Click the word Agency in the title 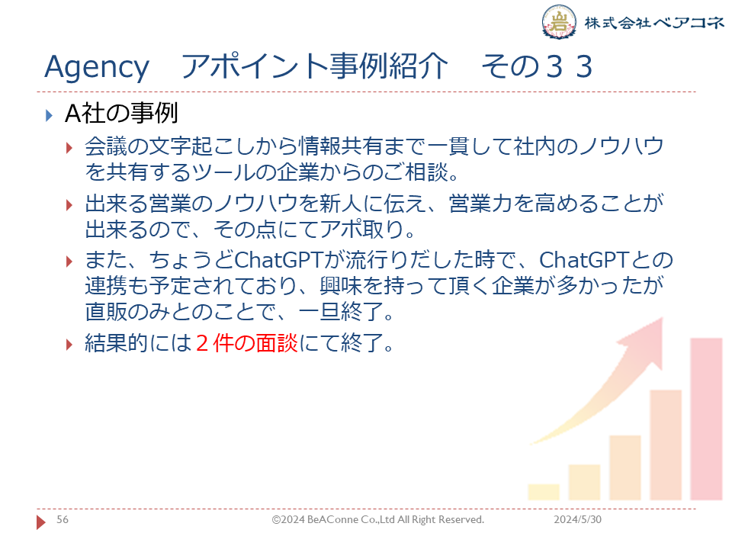click(x=97, y=68)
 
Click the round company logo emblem click(x=559, y=21)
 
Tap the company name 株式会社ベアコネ click(x=654, y=22)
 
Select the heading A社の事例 click(x=121, y=114)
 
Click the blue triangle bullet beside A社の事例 click(x=49, y=115)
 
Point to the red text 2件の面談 click(x=247, y=343)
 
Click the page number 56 click(x=63, y=519)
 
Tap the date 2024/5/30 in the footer click(x=577, y=519)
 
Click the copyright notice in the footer click(x=378, y=519)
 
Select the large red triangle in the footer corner click(x=40, y=522)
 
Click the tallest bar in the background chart click(x=706, y=419)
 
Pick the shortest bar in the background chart click(x=544, y=492)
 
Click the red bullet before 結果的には click(x=69, y=345)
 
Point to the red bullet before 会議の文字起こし click(x=69, y=148)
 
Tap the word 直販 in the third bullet click(x=106, y=311)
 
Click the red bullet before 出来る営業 click(x=69, y=205)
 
